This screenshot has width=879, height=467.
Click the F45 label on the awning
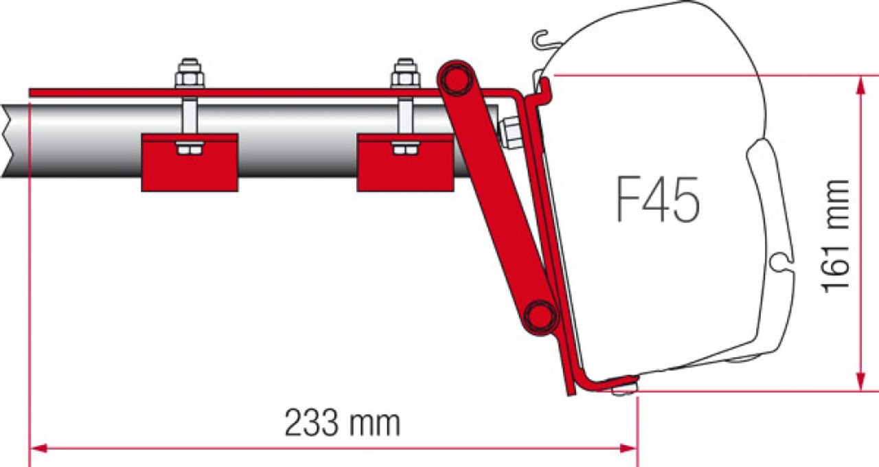(658, 200)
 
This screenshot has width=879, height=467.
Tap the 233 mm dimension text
(342, 422)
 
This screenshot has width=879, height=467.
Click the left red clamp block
(190, 163)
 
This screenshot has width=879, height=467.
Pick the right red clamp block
(405, 163)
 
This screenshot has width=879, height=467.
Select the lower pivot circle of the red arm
(540, 315)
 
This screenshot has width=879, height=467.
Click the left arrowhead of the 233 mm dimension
(38, 448)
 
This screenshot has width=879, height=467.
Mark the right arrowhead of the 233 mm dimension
(627, 448)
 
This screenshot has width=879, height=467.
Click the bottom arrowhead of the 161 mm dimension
(860, 381)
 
